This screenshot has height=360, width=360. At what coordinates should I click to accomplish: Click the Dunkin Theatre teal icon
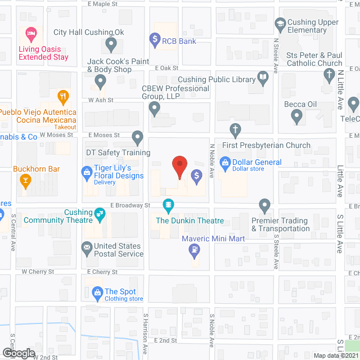(x=168, y=205)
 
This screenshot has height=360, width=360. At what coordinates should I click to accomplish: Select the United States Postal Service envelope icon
(x=87, y=246)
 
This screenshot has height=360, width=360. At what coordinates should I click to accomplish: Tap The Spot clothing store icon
(x=97, y=292)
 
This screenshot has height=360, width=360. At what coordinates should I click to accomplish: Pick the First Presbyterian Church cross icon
(x=235, y=131)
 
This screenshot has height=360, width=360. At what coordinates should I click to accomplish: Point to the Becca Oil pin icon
(x=298, y=117)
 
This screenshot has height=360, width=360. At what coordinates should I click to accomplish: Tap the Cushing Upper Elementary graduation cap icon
(x=280, y=24)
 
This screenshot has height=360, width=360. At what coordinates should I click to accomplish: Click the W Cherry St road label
(x=38, y=271)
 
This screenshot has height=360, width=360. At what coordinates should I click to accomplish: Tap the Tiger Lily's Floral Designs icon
(x=87, y=172)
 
